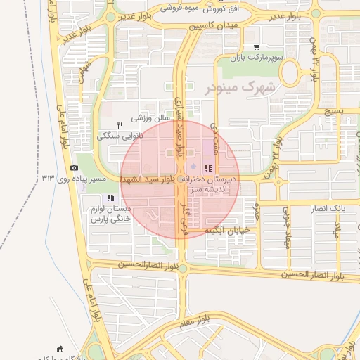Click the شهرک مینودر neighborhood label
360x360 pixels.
coord(238,89)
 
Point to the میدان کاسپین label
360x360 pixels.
coord(214,25)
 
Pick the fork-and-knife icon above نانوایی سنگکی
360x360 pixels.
coord(120,124)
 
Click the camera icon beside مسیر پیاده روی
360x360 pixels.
coord(75,167)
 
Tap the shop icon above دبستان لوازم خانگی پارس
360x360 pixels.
coord(111,198)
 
